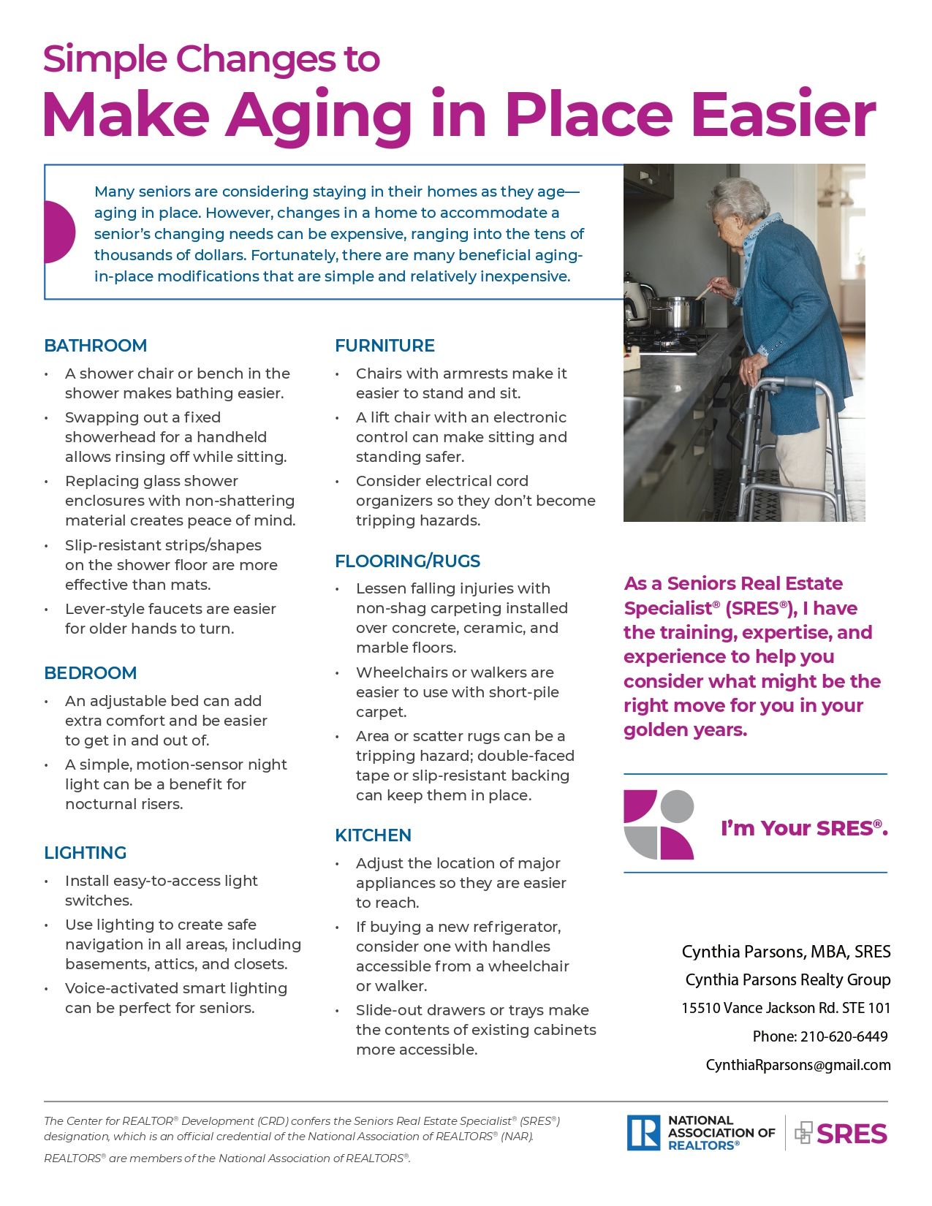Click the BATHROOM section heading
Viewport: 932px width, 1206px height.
(x=95, y=346)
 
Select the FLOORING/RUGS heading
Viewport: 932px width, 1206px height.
(x=407, y=561)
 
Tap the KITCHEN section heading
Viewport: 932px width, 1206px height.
(x=373, y=835)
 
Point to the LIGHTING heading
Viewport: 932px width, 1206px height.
(x=85, y=853)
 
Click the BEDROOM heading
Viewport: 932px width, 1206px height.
(x=90, y=673)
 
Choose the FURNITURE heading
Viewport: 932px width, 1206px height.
(x=384, y=346)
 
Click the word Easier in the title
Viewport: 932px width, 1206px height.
(x=783, y=115)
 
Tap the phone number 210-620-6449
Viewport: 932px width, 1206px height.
(x=844, y=1036)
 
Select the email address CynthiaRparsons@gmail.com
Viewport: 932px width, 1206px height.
(x=797, y=1065)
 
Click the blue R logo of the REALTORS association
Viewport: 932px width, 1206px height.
(x=643, y=1133)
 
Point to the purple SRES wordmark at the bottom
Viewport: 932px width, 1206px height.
(x=852, y=1134)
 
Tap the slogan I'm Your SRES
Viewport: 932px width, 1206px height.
(x=804, y=828)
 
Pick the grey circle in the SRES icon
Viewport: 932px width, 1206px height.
(x=678, y=805)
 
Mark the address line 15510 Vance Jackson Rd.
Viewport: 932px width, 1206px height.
(x=786, y=1008)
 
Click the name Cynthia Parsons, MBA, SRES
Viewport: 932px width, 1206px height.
(x=786, y=952)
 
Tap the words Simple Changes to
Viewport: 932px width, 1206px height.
(x=211, y=59)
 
